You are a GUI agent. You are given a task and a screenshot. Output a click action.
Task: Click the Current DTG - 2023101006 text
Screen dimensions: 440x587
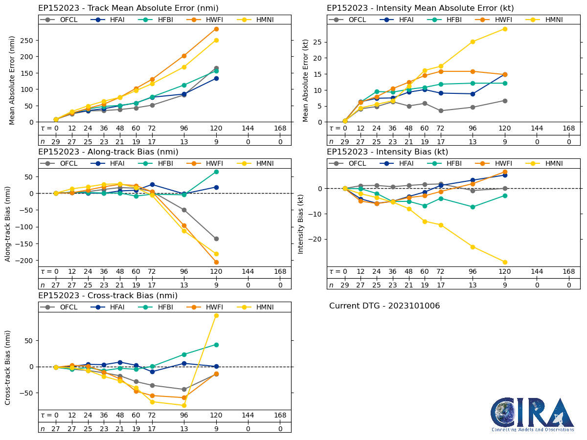click(384, 306)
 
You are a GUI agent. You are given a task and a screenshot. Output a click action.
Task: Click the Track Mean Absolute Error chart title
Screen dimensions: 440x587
click(128, 8)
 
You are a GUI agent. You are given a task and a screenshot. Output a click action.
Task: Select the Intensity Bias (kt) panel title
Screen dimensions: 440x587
click(387, 152)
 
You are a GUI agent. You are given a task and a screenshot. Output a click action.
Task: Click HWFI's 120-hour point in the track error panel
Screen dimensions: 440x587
click(216, 29)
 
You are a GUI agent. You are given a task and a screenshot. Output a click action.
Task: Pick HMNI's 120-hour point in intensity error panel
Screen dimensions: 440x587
click(505, 29)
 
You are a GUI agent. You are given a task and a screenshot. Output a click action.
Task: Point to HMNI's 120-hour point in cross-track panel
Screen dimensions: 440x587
click(216, 315)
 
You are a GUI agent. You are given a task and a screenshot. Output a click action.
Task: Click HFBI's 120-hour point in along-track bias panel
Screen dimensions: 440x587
click(216, 172)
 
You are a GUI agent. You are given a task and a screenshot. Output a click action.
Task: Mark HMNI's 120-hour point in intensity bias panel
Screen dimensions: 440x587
click(505, 262)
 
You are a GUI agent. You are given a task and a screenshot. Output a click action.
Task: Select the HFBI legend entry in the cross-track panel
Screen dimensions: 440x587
click(155, 307)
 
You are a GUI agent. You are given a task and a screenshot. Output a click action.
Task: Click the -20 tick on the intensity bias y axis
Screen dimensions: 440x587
click(317, 239)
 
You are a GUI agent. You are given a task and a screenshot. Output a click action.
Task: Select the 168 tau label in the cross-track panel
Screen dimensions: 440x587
click(280, 415)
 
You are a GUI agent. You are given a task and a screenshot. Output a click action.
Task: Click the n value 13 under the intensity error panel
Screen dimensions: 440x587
click(473, 142)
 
